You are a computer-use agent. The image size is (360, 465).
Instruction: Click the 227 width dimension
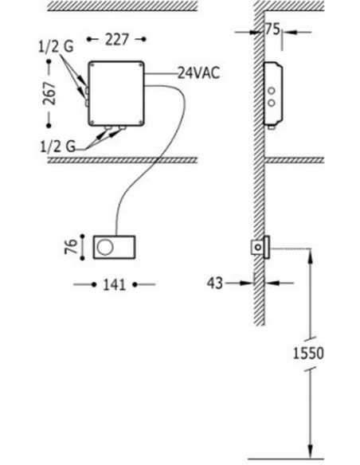(x=117, y=40)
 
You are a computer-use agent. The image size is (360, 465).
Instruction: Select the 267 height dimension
(x=49, y=93)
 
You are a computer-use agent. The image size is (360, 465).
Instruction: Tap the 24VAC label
(x=198, y=72)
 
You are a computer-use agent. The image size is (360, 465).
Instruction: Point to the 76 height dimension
(x=71, y=247)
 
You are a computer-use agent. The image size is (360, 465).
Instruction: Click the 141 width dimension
(x=115, y=285)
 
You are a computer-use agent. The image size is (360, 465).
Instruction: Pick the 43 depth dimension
(x=214, y=283)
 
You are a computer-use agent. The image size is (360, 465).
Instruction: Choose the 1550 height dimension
(x=308, y=354)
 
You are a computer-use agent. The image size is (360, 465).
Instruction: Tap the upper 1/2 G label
(x=56, y=46)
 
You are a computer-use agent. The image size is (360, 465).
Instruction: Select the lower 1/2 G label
(x=57, y=147)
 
